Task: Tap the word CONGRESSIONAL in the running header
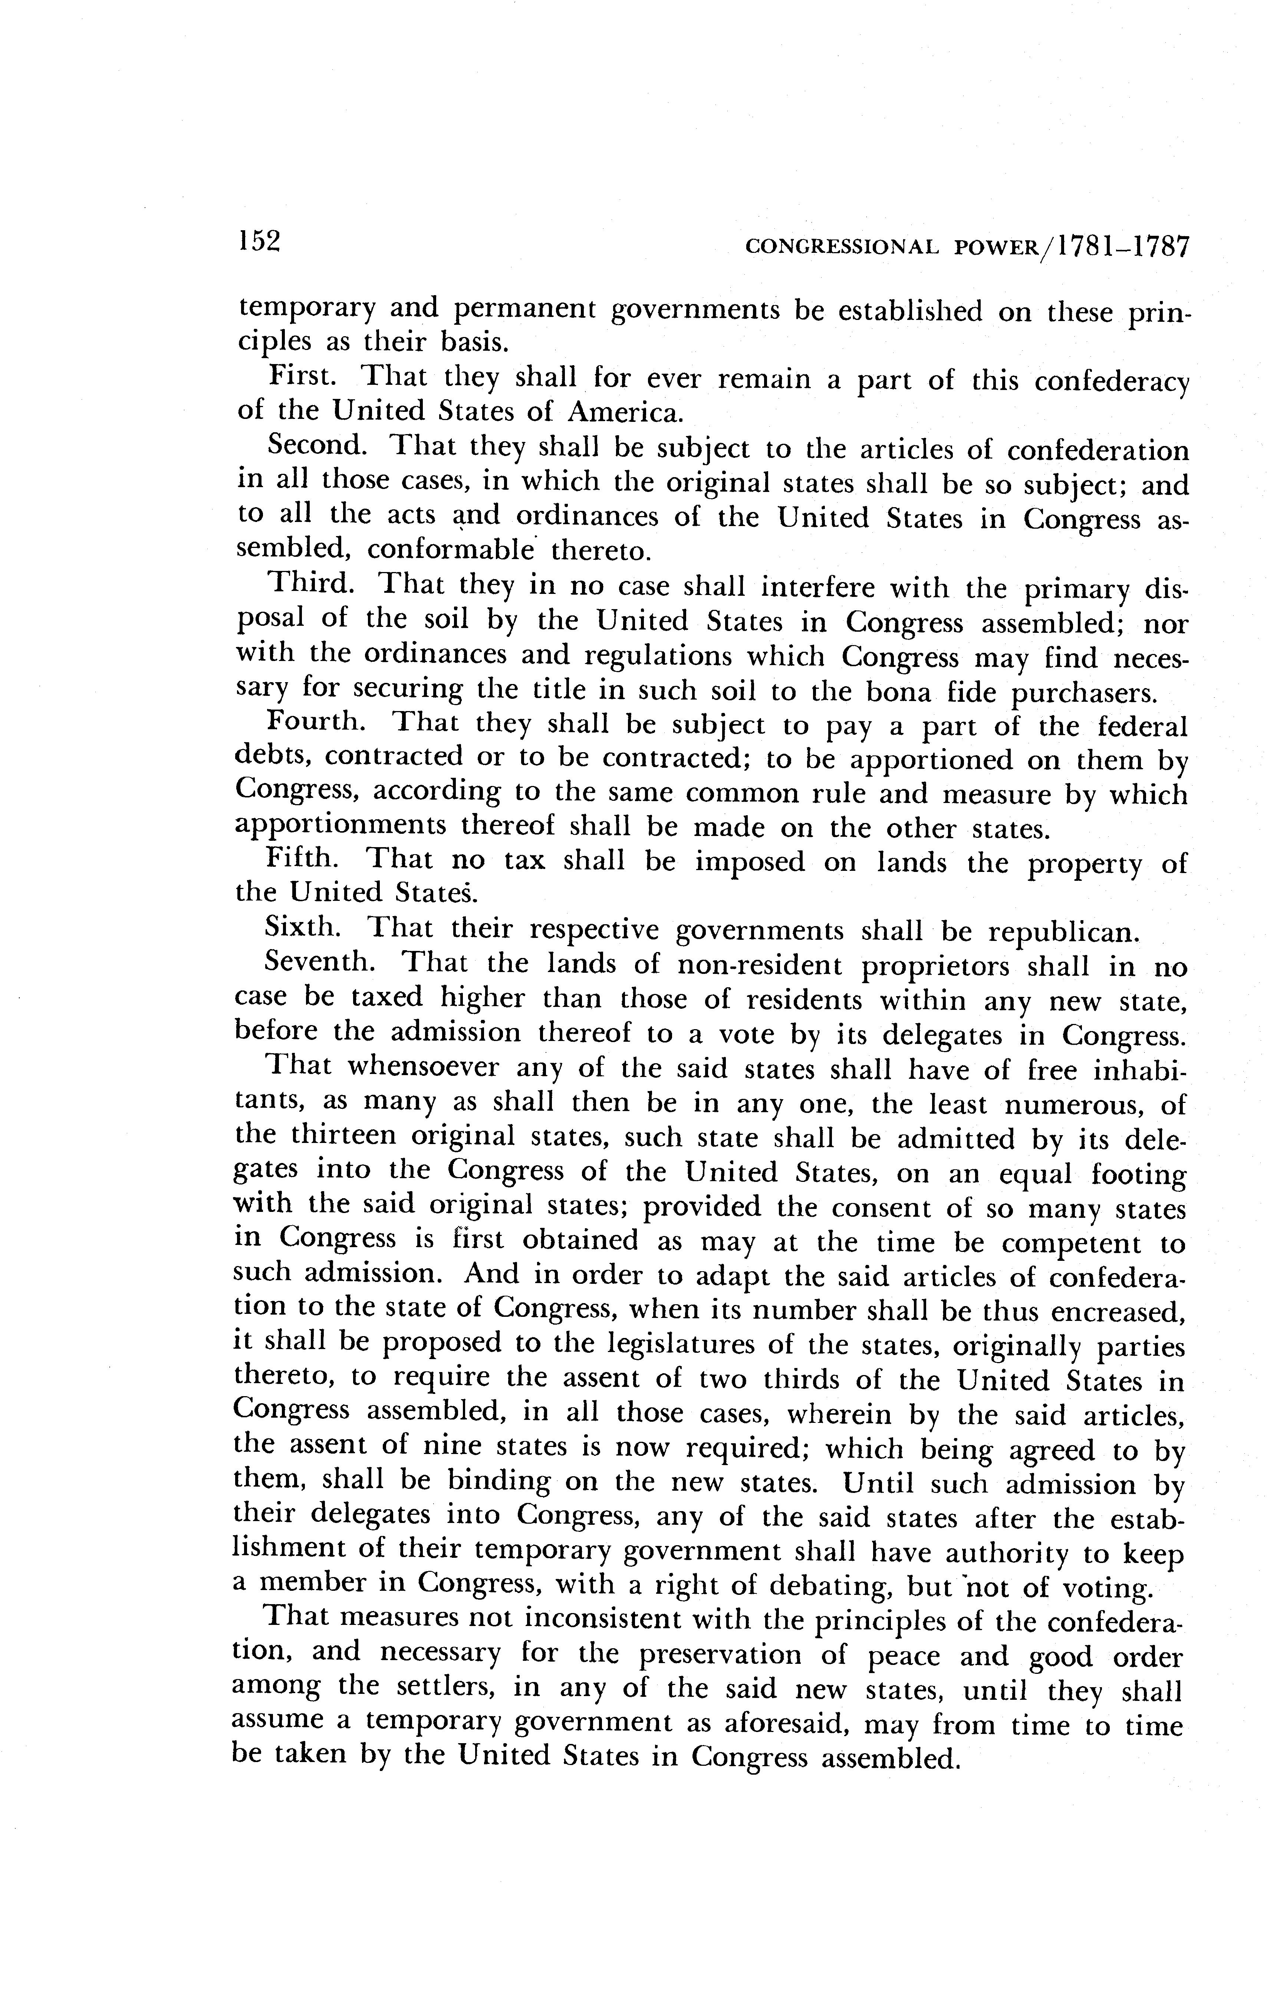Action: pos(842,247)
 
